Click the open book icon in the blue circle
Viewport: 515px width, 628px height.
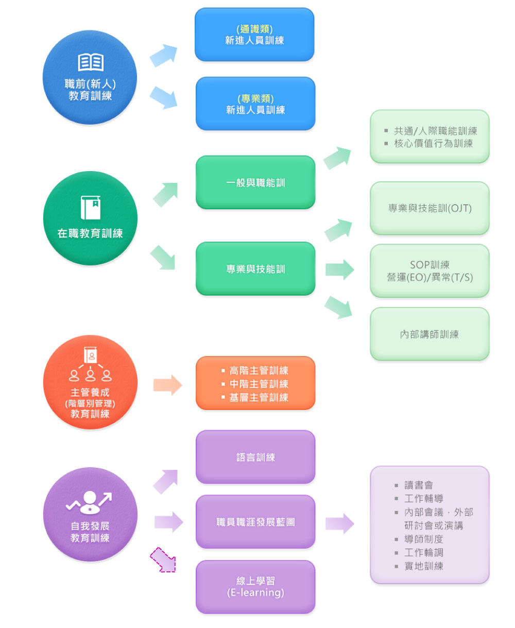click(91, 63)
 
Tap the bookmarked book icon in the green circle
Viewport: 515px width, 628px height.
click(91, 208)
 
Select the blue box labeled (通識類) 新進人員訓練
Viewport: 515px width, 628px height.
click(254, 35)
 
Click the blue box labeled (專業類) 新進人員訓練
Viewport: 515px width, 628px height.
click(255, 104)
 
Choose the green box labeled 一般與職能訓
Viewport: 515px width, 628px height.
click(255, 182)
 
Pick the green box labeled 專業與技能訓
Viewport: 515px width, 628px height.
click(255, 268)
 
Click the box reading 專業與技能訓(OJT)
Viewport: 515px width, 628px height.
click(430, 208)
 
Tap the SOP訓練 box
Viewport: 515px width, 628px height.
click(430, 271)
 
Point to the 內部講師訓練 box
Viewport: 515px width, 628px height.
click(430, 334)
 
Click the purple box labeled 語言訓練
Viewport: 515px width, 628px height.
click(255, 457)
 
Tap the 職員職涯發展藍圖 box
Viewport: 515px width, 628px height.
click(255, 522)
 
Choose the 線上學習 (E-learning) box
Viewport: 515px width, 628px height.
click(255, 587)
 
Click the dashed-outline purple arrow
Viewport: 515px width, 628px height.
click(163, 560)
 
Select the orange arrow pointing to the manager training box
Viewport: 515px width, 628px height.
click(167, 385)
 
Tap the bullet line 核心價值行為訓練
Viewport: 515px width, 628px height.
click(433, 143)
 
